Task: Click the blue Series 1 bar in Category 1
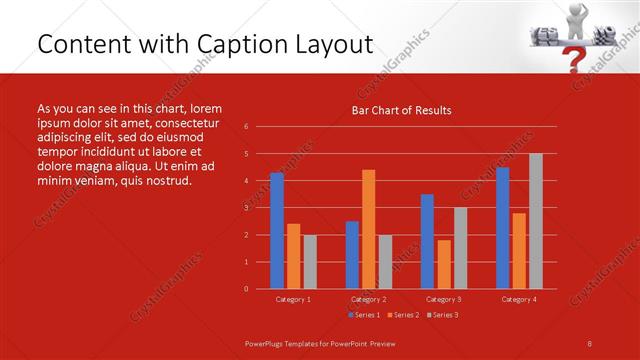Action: click(277, 231)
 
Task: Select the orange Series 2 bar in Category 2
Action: click(368, 229)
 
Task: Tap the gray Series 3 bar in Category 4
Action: click(536, 221)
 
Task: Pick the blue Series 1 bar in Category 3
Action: click(427, 241)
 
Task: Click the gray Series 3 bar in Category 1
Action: click(310, 262)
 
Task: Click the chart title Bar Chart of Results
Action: click(401, 110)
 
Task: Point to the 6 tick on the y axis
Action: click(246, 127)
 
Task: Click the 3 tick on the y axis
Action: click(246, 208)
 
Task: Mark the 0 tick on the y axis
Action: click(246, 289)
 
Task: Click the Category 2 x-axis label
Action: click(368, 299)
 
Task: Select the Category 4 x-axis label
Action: click(518, 299)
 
